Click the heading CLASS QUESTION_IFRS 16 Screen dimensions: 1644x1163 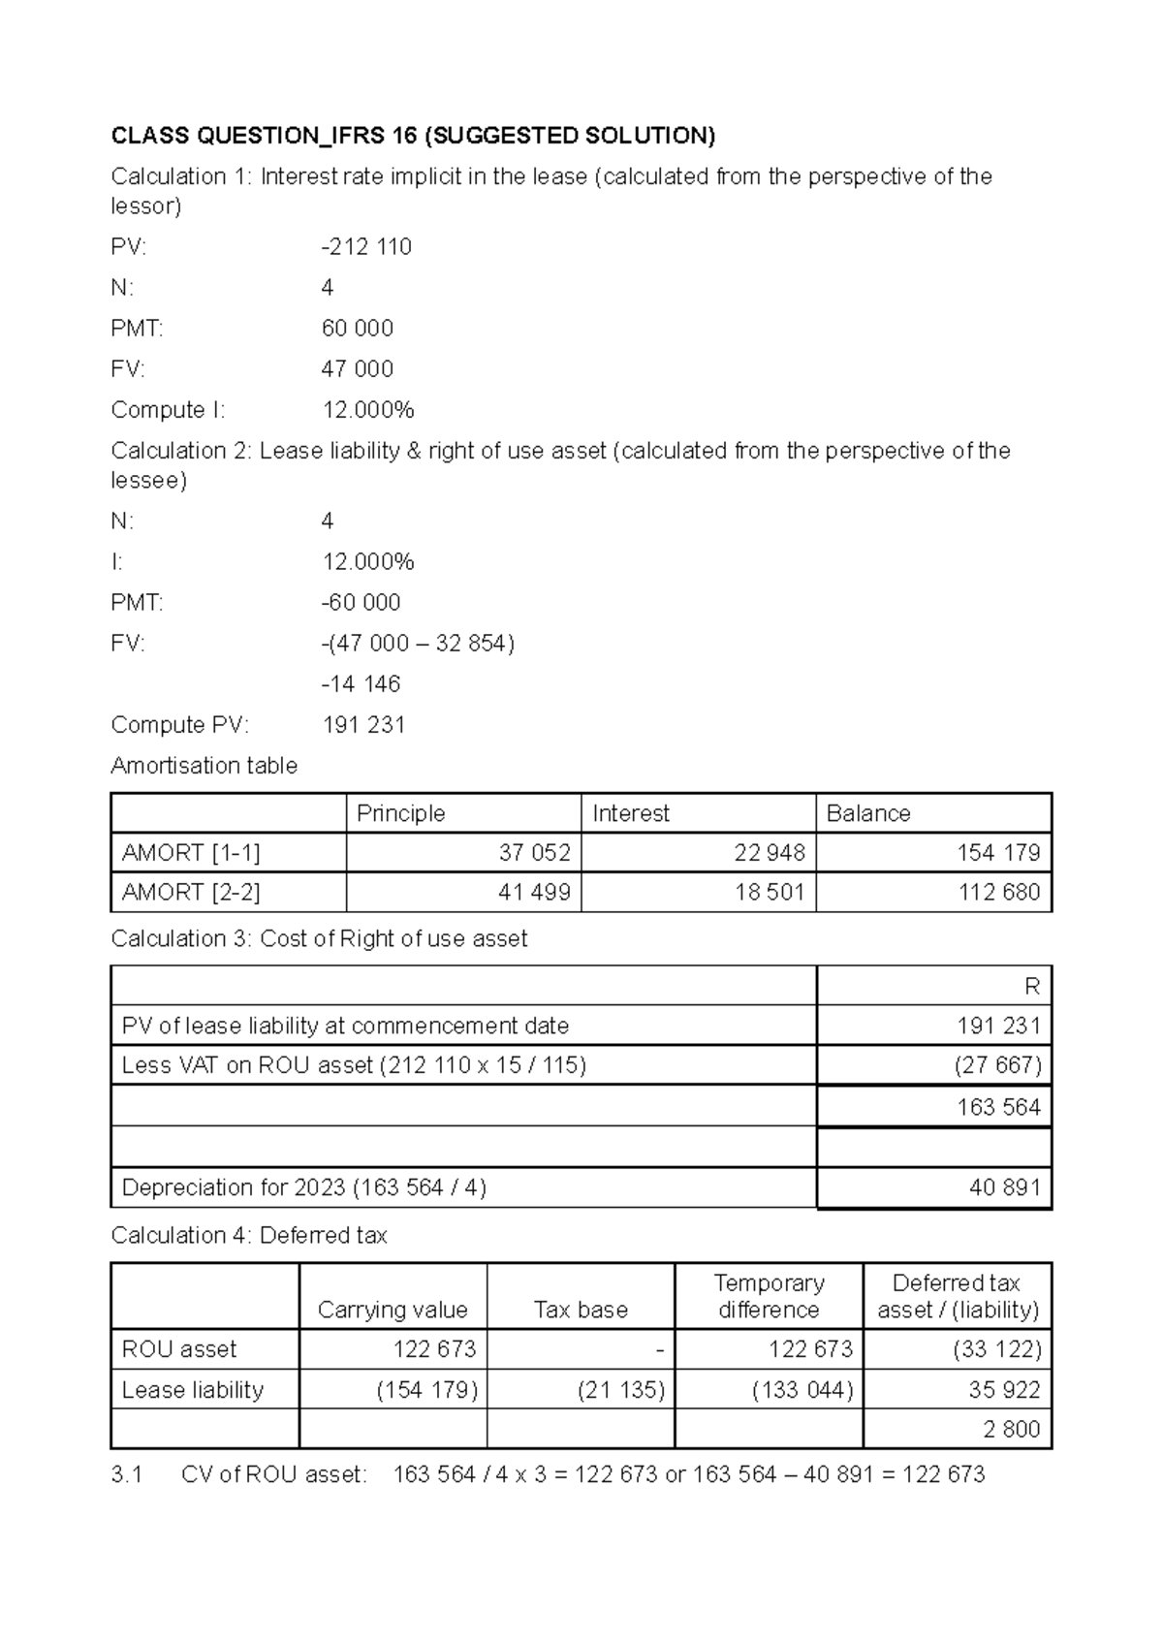pyautogui.click(x=413, y=136)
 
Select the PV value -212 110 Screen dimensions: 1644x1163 pyautogui.click(x=366, y=247)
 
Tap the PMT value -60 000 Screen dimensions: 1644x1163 pyautogui.click(x=361, y=603)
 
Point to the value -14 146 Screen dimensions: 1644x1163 pyautogui.click(x=361, y=684)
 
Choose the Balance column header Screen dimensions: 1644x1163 pyautogui.click(x=868, y=813)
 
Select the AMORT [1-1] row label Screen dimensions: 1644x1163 pyautogui.click(x=191, y=853)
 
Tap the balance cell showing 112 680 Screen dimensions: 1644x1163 pyautogui.click(x=999, y=893)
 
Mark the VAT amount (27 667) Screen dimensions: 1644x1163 pyautogui.click(x=997, y=1066)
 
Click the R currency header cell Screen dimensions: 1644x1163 pyautogui.click(x=1031, y=987)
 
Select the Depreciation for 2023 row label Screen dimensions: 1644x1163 pyautogui.click(x=303, y=1188)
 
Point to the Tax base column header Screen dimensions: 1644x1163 pyautogui.click(x=581, y=1311)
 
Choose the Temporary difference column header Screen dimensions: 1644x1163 pyautogui.click(x=769, y=1297)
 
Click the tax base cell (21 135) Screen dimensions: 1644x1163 pyautogui.click(x=621, y=1390)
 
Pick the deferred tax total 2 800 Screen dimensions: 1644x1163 pyautogui.click(x=1011, y=1430)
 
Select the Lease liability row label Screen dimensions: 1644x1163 pyautogui.click(x=193, y=1390)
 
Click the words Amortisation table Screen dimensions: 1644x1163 pyautogui.click(x=204, y=766)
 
